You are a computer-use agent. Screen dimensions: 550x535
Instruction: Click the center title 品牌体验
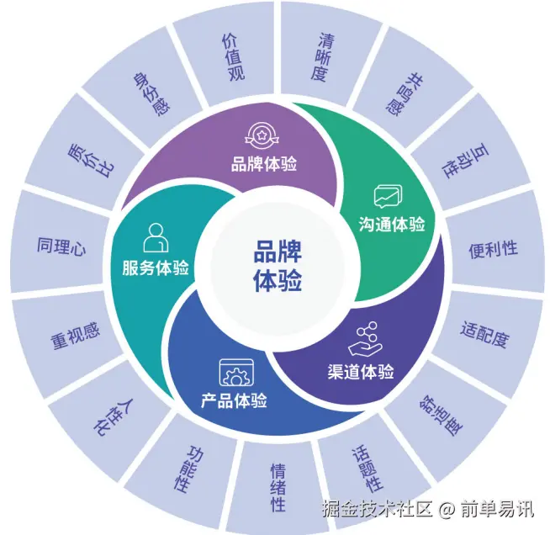(278, 266)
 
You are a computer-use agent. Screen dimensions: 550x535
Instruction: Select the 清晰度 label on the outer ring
(322, 56)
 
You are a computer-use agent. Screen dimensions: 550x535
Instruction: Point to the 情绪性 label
(278, 487)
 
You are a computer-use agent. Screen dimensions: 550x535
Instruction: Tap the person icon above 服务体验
(155, 238)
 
